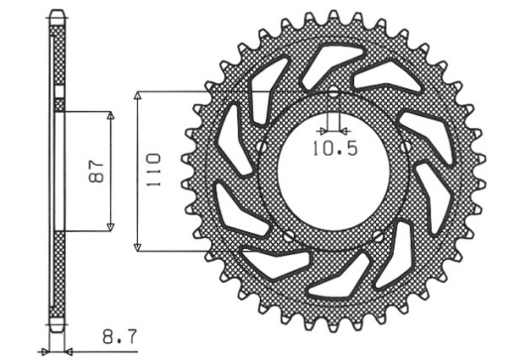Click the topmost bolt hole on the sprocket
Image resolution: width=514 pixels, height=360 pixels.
(332, 96)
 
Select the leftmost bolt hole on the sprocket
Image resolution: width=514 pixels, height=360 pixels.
(261, 148)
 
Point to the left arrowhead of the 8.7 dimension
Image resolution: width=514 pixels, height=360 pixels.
(45, 350)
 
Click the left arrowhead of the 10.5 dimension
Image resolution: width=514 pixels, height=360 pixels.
(321, 130)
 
